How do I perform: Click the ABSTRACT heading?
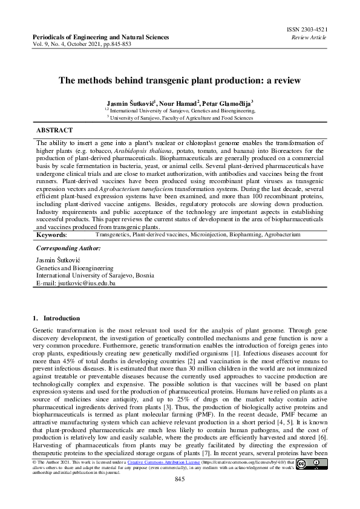54,130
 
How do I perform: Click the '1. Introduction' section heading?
56,318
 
